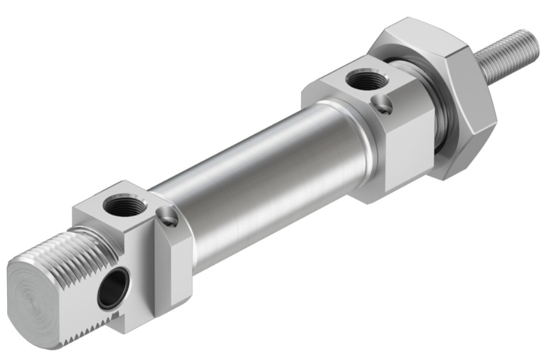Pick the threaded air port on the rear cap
click(x=124, y=207)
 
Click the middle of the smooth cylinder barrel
click(x=252, y=180)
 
